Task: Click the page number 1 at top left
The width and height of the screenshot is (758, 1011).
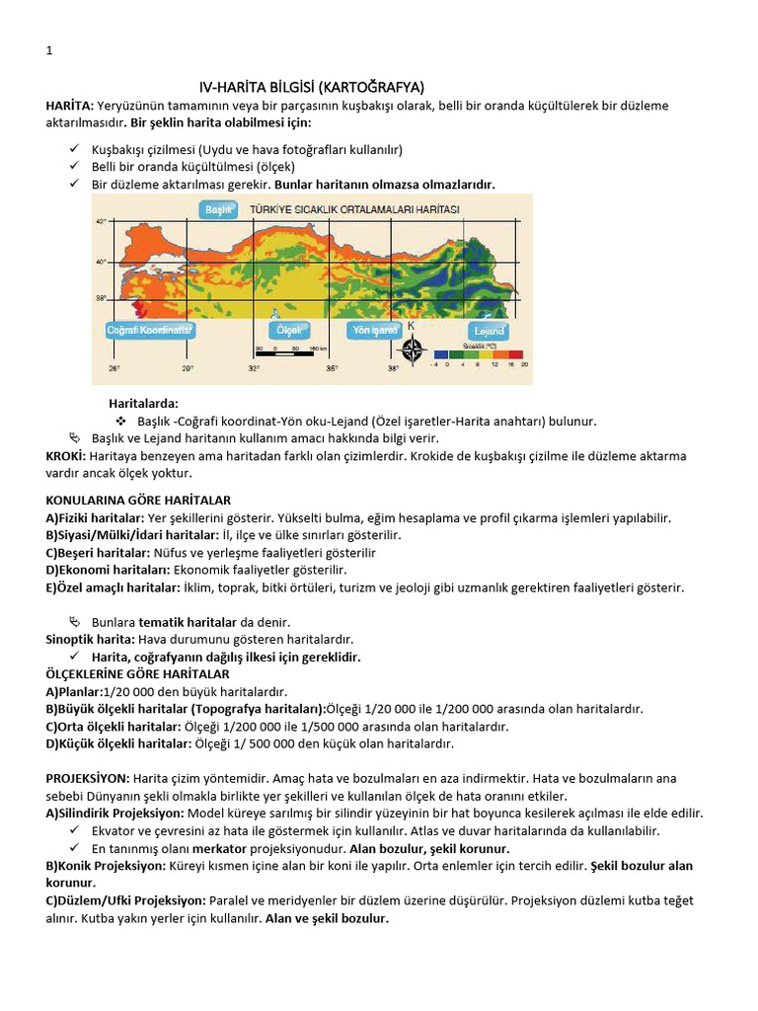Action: tap(49, 51)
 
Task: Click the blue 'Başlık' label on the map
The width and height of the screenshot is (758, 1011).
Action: tap(217, 210)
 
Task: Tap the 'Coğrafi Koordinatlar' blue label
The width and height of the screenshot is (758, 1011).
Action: tap(148, 330)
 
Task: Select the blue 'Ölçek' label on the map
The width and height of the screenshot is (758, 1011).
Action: tap(289, 330)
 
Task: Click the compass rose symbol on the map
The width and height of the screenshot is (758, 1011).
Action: tap(413, 350)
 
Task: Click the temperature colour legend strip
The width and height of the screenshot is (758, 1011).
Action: tap(478, 354)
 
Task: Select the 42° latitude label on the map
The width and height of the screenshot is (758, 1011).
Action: tap(101, 222)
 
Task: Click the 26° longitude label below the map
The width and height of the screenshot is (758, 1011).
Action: tap(114, 369)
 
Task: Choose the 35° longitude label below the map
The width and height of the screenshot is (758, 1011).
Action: tap(332, 369)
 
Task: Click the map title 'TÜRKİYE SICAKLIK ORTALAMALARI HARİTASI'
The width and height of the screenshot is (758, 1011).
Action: tap(354, 210)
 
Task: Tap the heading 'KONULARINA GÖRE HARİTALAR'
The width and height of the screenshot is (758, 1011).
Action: tap(138, 501)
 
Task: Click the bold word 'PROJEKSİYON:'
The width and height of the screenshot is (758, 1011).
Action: tap(87, 778)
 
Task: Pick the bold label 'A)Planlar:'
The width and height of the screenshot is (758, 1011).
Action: tap(75, 691)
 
